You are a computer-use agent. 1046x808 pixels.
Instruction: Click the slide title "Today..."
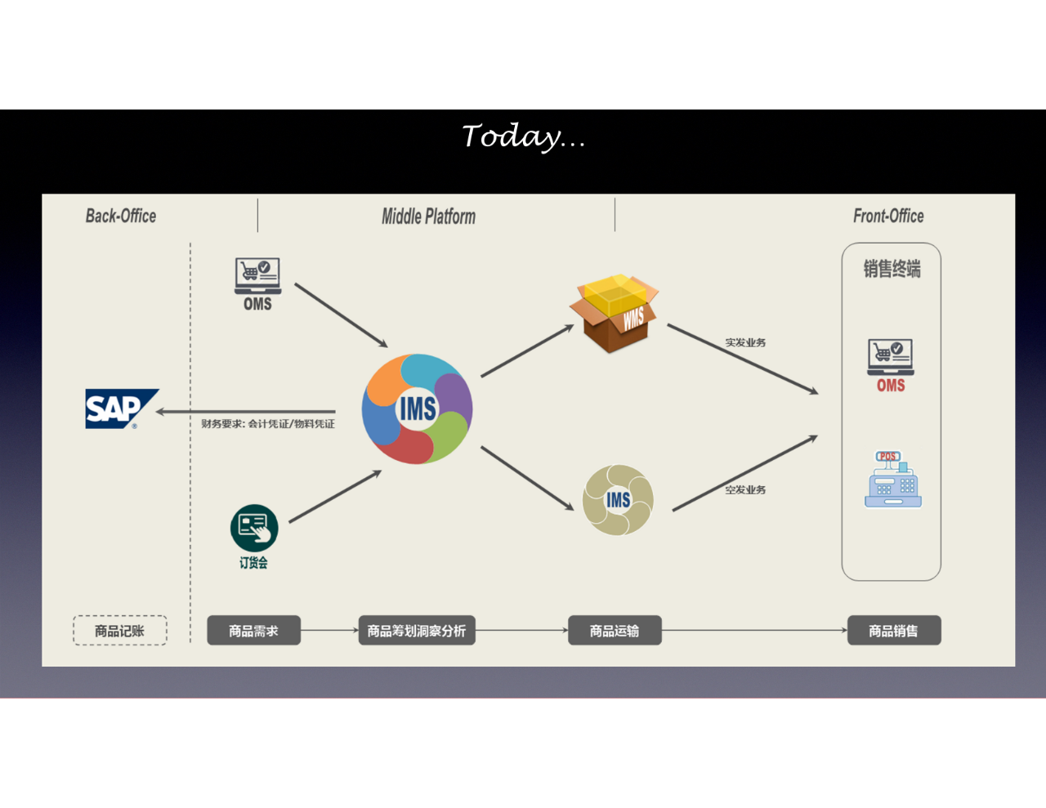click(x=523, y=136)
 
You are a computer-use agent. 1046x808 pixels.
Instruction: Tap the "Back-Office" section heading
click(x=121, y=217)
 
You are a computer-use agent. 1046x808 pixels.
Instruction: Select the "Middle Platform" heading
click(x=428, y=217)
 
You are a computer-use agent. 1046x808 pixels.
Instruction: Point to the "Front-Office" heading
click(x=888, y=217)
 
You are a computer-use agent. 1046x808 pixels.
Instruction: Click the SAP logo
click(x=121, y=408)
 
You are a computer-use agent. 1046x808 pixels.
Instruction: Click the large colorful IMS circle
click(x=417, y=408)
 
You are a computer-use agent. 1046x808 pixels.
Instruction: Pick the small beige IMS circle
click(x=618, y=500)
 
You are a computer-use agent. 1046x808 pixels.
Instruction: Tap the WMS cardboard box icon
click(x=615, y=313)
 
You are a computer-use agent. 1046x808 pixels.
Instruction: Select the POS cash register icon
click(x=892, y=480)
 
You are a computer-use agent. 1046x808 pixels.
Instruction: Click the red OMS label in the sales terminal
click(x=891, y=386)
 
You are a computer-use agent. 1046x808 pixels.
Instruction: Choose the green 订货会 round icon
click(x=254, y=528)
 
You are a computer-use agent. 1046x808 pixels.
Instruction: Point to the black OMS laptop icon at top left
click(x=257, y=276)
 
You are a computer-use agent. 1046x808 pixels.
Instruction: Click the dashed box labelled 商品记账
click(x=120, y=631)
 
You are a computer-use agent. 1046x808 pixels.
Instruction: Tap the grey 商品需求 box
click(x=253, y=631)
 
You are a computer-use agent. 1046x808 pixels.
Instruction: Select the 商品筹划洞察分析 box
click(x=417, y=631)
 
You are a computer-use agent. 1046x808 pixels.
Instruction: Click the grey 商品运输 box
click(x=615, y=631)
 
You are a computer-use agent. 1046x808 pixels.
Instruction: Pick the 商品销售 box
click(x=893, y=631)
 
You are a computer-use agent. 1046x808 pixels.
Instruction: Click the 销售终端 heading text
click(x=892, y=269)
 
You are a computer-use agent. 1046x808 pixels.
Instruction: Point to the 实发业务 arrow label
click(x=745, y=342)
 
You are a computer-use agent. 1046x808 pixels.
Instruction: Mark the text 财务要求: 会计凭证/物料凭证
click(x=268, y=424)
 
